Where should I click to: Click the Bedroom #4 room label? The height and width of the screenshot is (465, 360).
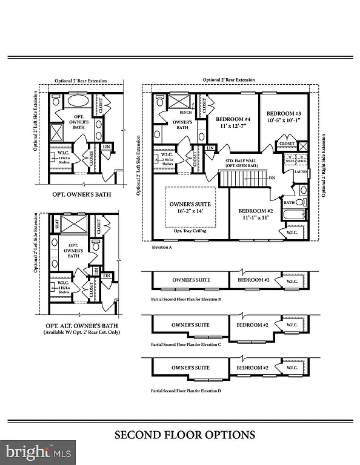point(233,119)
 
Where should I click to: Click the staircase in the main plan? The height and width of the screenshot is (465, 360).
point(239,179)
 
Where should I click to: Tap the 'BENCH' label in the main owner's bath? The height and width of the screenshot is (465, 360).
point(185,113)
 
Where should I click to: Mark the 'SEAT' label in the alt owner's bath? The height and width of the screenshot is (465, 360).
point(56,223)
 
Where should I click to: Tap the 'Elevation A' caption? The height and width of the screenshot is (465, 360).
point(162,248)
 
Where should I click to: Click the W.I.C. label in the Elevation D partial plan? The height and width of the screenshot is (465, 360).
point(292,368)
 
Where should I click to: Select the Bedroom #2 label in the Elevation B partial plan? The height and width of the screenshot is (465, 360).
point(253,280)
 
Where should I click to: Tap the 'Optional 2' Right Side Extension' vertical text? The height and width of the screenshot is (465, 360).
point(324,158)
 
